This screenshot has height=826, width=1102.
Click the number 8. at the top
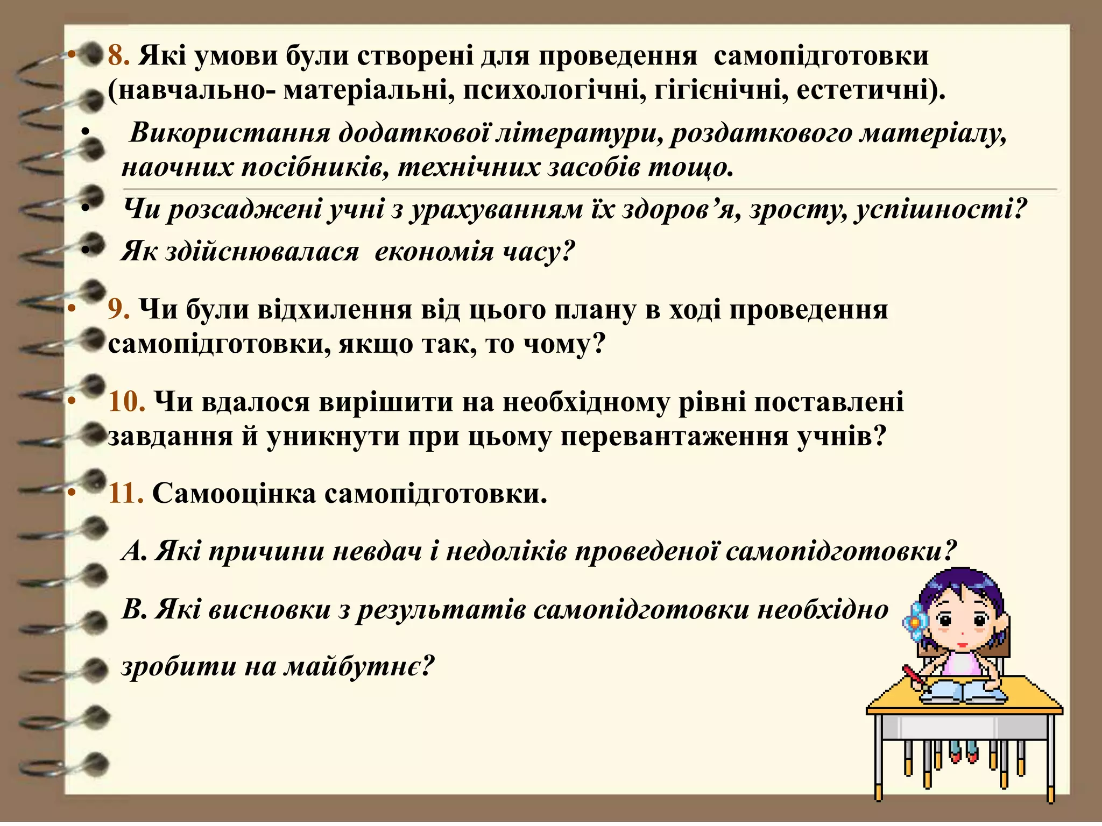pyautogui.click(x=118, y=56)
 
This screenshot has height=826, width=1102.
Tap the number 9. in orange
pyautogui.click(x=118, y=310)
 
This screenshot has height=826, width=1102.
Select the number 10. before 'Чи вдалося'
pyautogui.click(x=126, y=402)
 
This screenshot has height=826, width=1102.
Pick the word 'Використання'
pyautogui.click(x=230, y=132)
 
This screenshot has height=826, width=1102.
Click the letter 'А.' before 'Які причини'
pyautogui.click(x=134, y=551)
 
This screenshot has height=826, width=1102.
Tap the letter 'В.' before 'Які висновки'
pyautogui.click(x=134, y=610)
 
